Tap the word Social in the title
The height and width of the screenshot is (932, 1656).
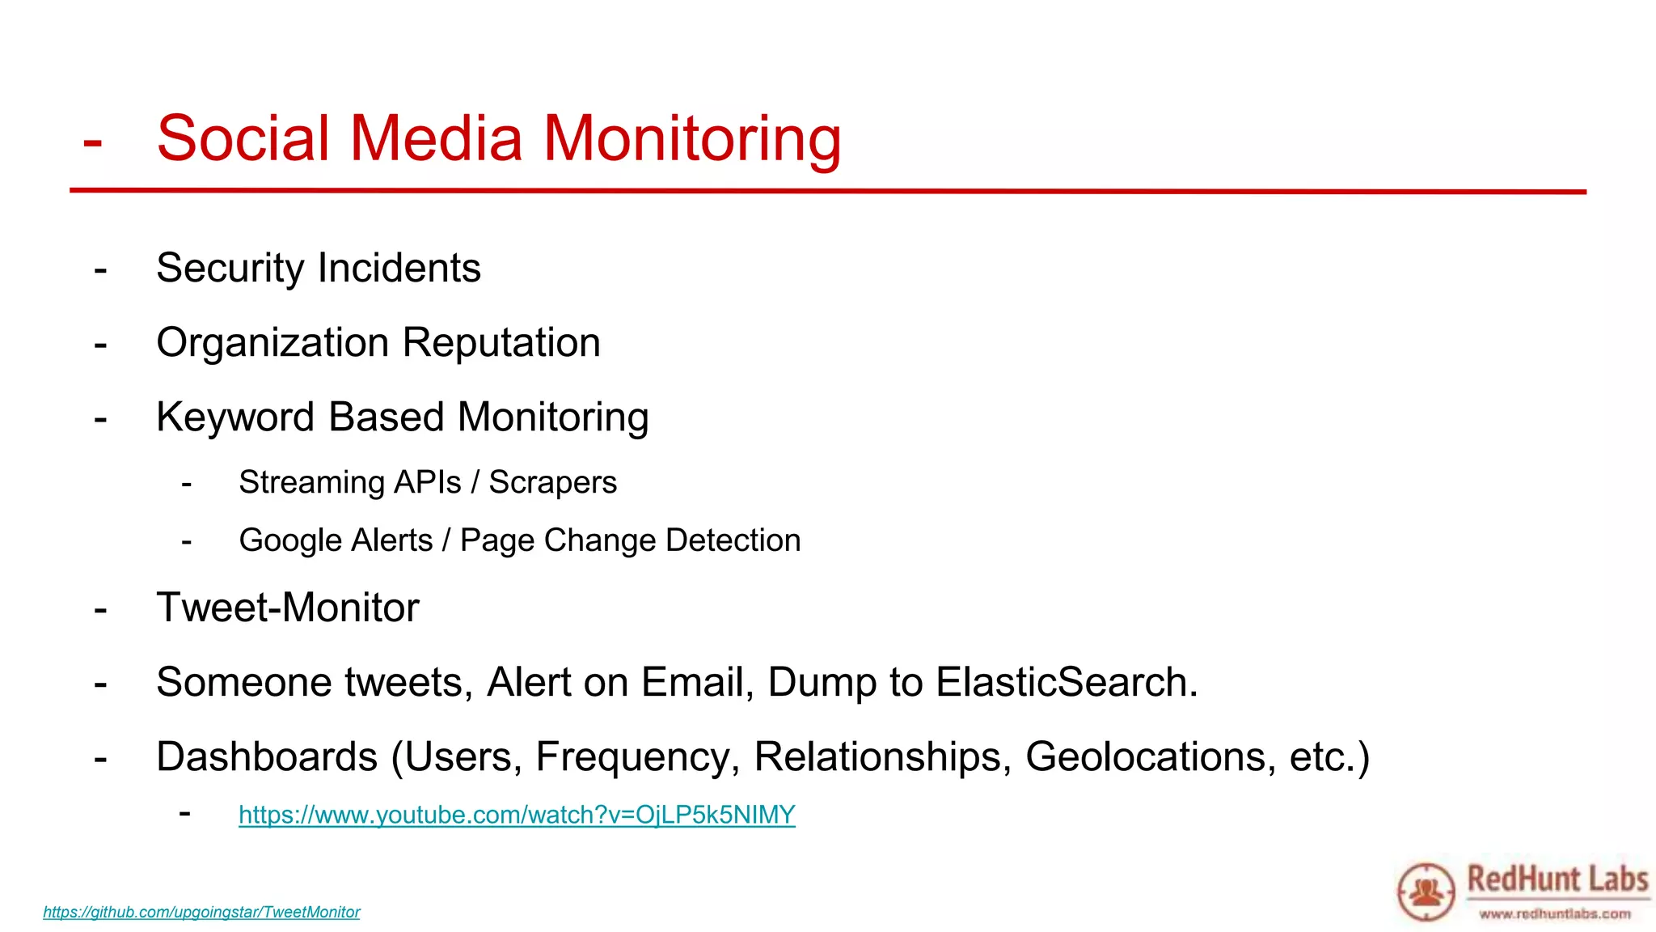point(243,138)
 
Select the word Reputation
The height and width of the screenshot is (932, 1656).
point(501,342)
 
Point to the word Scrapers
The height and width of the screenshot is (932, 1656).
point(552,483)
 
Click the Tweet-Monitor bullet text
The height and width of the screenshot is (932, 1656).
point(288,608)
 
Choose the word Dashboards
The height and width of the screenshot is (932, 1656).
point(267,757)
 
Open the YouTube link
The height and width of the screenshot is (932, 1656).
point(517,815)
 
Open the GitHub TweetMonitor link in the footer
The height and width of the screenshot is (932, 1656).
point(201,912)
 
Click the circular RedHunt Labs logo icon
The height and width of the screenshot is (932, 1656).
point(1426,892)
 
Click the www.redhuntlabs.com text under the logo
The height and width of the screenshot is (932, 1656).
point(1555,914)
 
